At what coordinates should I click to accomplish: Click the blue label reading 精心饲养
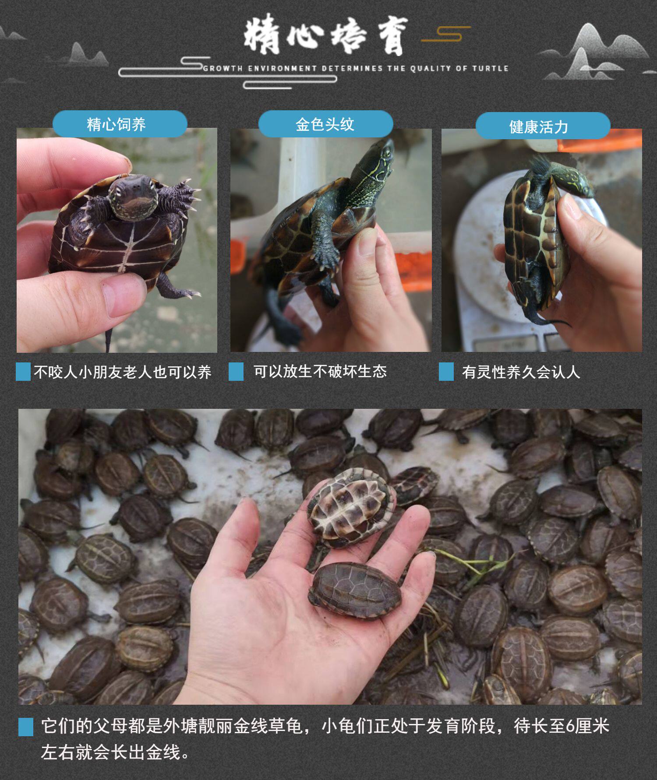click(120, 124)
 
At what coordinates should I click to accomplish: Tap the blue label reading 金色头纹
click(325, 124)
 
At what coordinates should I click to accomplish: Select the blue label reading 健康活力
click(543, 126)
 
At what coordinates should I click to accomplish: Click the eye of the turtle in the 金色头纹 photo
click(387, 152)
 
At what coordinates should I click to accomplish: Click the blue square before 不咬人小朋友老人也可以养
click(23, 372)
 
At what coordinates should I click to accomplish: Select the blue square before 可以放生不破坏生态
click(236, 372)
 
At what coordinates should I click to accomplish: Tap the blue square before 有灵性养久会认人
click(446, 372)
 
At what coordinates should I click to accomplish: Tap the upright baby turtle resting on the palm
click(355, 590)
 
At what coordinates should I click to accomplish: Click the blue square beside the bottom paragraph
click(26, 727)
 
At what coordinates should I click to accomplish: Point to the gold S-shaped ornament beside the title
click(446, 34)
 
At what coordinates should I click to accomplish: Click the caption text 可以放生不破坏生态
click(320, 372)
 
